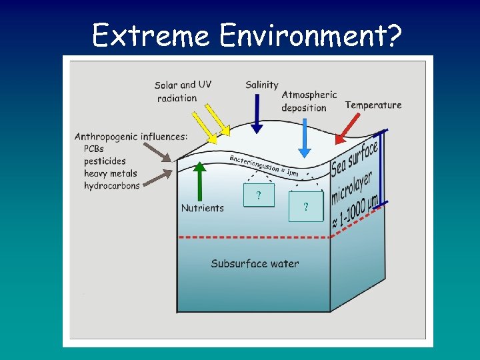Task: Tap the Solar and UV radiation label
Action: [x=183, y=91]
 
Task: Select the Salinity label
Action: [x=261, y=85]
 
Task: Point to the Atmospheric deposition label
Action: [x=308, y=101]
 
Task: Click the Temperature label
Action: [x=373, y=105]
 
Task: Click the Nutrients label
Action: [x=203, y=208]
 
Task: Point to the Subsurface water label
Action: [x=255, y=263]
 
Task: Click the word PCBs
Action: [x=94, y=149]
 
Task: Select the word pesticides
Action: [x=105, y=161]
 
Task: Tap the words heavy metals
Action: [x=110, y=173]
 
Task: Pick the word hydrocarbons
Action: [x=112, y=185]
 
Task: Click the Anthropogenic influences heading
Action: [x=131, y=137]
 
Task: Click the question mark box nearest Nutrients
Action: [x=258, y=196]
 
